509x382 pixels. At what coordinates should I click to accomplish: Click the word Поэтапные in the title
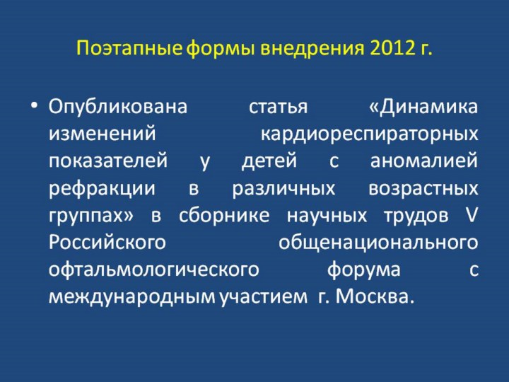coord(129,48)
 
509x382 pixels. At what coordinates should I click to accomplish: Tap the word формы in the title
coord(221,49)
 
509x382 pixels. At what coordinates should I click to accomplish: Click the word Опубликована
coord(118,107)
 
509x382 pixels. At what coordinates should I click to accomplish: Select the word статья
coord(278,108)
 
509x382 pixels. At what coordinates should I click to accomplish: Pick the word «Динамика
coord(423,107)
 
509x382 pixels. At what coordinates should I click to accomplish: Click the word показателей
coord(108,161)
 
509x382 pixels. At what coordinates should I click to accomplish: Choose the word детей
coord(269,161)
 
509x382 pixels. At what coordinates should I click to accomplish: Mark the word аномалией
coord(424,161)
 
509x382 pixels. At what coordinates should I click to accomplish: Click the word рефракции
coord(102,189)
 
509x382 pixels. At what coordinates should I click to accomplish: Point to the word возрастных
coord(423,189)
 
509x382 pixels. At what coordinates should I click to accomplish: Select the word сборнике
coord(224,215)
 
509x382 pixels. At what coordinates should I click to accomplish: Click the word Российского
coord(107,243)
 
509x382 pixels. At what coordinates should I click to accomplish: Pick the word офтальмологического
coord(154,270)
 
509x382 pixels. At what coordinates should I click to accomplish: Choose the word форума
coord(363,270)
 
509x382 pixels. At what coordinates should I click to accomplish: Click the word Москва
coord(375,296)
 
